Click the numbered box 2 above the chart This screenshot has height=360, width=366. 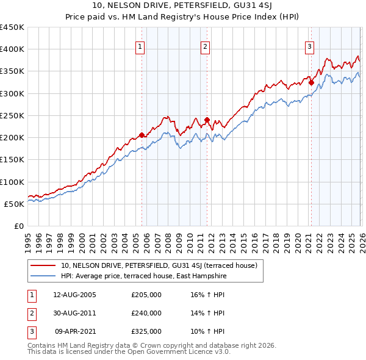click(206, 46)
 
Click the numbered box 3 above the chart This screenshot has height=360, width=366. click(309, 46)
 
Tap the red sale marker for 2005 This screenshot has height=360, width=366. click(142, 135)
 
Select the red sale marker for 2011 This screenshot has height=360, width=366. click(207, 120)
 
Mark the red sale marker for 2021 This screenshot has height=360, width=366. click(310, 82)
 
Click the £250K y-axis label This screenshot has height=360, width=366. click(12, 115)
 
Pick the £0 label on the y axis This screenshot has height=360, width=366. click(19, 226)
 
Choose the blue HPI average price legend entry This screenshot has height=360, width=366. click(143, 276)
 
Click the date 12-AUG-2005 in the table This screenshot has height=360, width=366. click(74, 295)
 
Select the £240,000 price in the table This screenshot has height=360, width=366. click(146, 313)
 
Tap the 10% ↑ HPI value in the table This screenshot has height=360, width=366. click(208, 331)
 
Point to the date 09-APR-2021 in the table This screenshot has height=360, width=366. click(75, 331)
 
